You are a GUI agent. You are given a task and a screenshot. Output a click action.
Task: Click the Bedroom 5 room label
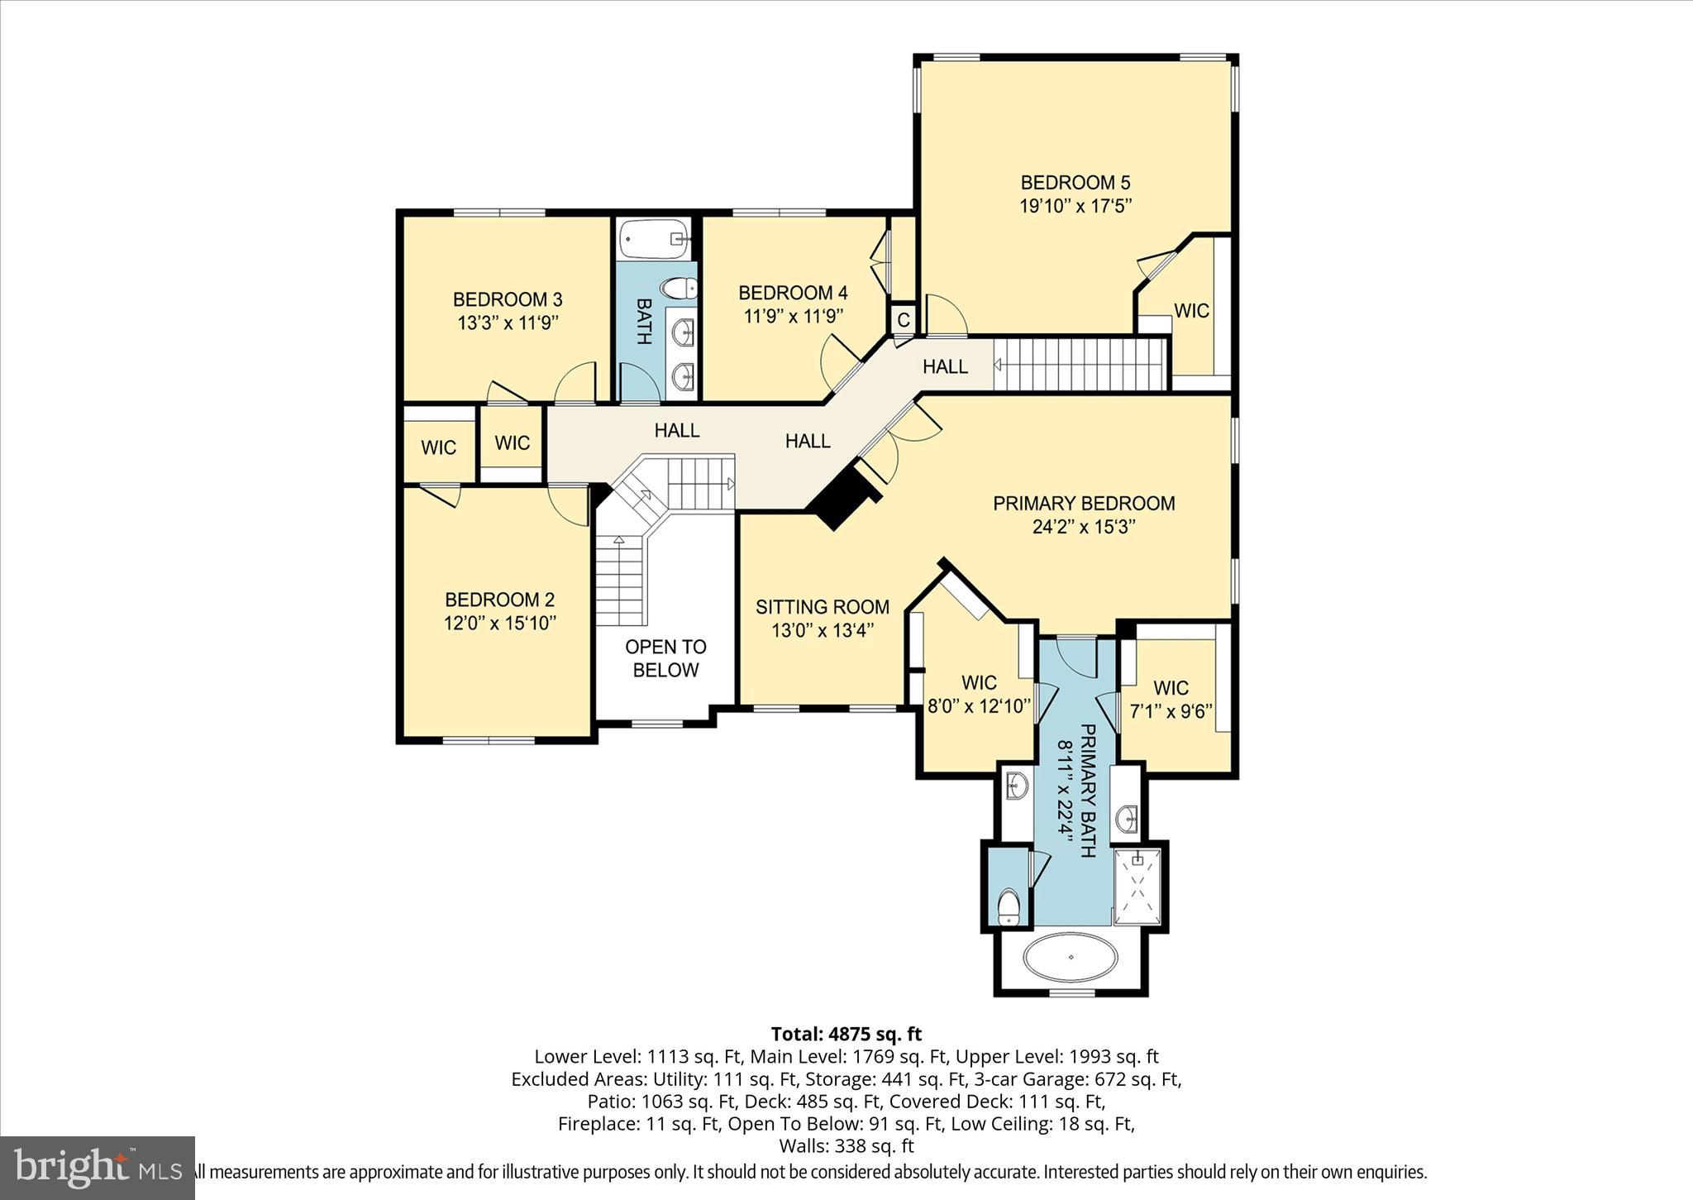1075,183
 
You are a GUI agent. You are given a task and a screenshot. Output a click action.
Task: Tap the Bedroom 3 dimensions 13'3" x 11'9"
508,323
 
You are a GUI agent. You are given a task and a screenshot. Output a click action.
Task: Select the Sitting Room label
822,607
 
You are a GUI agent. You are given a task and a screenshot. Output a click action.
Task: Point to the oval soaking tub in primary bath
1071,958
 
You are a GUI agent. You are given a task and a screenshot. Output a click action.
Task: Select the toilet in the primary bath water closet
1008,907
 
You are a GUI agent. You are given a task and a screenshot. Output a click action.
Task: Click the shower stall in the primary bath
1138,887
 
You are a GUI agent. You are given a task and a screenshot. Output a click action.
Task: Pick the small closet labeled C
903,319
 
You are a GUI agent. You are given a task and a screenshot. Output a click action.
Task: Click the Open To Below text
665,658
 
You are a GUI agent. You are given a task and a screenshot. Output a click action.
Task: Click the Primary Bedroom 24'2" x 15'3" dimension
1084,527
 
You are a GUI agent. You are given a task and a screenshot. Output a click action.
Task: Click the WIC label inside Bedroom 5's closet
1191,311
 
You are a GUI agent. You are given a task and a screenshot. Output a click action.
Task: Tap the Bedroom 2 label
499,600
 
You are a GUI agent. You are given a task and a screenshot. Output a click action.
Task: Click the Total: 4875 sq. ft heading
846,1034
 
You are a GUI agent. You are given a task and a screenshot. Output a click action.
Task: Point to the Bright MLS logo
98,1167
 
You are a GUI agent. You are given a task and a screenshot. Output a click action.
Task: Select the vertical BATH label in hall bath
645,322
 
